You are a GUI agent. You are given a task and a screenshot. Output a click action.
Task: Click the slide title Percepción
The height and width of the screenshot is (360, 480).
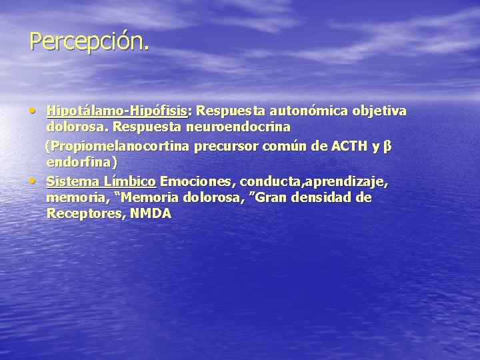pyautogui.click(x=89, y=41)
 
